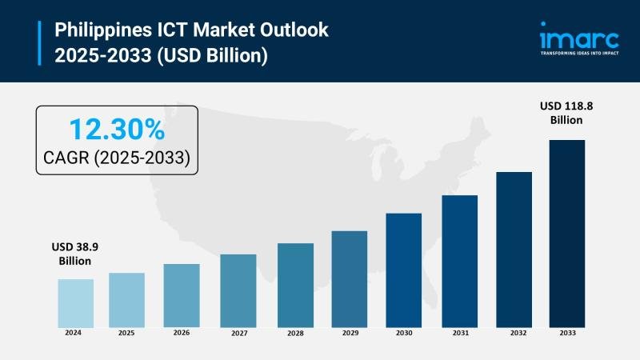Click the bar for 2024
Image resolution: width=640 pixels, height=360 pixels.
75,302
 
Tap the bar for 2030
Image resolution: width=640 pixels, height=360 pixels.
403,270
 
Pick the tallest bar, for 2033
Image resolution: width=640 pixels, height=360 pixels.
566,233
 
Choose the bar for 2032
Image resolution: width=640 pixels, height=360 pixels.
514,249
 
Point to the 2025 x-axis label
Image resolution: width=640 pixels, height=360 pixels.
126,332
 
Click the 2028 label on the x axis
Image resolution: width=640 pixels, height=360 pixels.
295,332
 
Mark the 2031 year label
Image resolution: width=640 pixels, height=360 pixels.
459,332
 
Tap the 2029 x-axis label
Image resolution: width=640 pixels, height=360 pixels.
349,332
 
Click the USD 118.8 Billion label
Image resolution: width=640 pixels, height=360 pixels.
566,113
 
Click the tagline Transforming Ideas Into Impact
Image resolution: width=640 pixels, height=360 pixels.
579,54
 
